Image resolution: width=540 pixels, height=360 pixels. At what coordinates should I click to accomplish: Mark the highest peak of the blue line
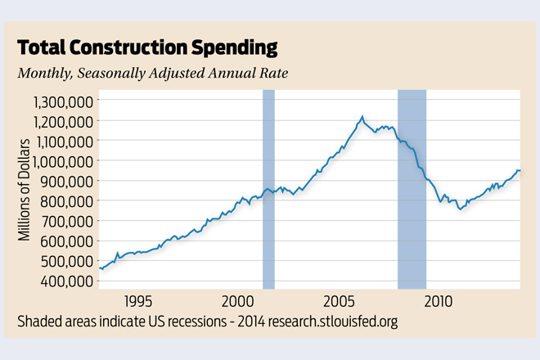point(362,117)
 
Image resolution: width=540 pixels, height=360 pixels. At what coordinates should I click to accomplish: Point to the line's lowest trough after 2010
point(460,210)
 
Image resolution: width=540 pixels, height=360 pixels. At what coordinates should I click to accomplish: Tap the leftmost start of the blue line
point(100,268)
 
